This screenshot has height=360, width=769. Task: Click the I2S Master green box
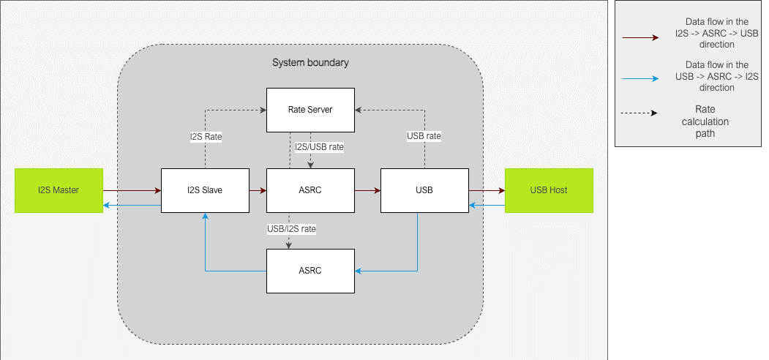(x=59, y=190)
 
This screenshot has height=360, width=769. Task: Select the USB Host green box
(x=549, y=190)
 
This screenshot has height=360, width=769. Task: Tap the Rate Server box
(x=310, y=110)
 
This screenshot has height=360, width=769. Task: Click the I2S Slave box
(x=204, y=190)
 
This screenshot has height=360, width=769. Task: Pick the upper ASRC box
(x=310, y=190)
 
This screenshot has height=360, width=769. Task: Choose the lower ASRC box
(x=310, y=271)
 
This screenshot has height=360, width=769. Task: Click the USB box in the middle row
(x=424, y=190)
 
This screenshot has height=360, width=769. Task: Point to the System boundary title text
(x=310, y=62)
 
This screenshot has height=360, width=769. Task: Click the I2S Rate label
(x=206, y=136)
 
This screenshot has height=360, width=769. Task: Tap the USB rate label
(x=424, y=136)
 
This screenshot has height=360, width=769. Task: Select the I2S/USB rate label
(x=319, y=147)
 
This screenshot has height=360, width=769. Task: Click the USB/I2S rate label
(x=291, y=229)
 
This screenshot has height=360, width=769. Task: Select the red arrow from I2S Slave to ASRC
(x=258, y=190)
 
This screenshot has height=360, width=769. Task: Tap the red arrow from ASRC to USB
(x=367, y=190)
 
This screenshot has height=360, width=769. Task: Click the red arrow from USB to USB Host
(x=487, y=190)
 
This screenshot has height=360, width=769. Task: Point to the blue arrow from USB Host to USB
(x=487, y=206)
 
